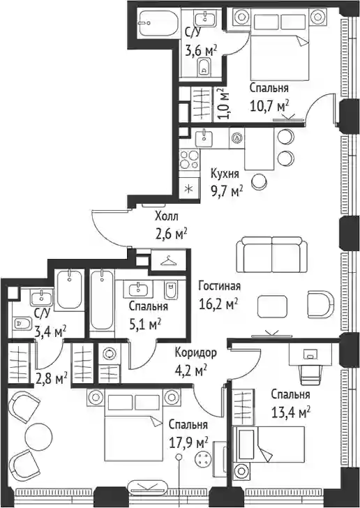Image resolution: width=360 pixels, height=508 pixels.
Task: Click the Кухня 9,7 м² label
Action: coord(227,182)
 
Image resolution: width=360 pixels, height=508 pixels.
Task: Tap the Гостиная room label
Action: coord(219,286)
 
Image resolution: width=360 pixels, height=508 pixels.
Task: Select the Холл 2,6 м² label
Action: coord(170,225)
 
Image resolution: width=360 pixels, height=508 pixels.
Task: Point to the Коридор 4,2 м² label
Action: coord(196,361)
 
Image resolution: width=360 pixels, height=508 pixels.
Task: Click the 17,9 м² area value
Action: coord(188,442)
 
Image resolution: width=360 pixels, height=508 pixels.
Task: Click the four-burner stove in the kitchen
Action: coord(189,160)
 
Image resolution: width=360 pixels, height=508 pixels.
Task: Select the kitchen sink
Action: coord(204,138)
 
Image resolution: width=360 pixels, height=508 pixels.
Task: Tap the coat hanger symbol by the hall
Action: coord(169,260)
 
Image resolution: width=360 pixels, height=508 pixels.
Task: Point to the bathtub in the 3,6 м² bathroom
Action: coord(158,23)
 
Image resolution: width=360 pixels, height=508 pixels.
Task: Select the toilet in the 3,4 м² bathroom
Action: coord(22,323)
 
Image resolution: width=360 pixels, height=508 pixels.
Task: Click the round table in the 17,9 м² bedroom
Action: coord(39,436)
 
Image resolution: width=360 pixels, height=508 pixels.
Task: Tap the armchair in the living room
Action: coord(320,304)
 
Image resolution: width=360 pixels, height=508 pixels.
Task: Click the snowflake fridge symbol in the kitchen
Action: coord(189,189)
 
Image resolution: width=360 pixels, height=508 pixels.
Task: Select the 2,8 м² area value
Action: coord(52,378)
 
